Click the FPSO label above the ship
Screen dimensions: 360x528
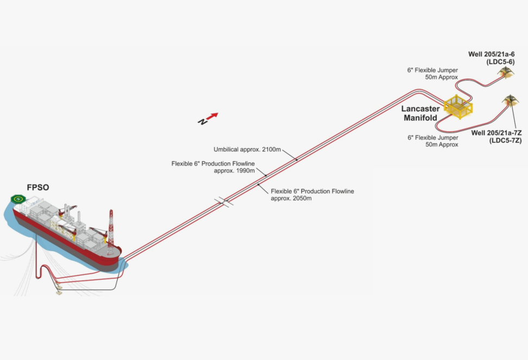point(37,187)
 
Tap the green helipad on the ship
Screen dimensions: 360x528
point(20,199)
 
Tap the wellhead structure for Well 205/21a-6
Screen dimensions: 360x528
point(507,72)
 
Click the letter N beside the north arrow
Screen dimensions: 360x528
point(202,122)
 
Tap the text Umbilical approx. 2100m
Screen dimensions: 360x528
point(247,149)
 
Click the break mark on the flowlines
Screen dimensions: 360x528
point(224,203)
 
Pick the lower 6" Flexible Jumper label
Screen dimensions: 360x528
point(433,141)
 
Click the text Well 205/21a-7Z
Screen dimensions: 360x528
point(496,133)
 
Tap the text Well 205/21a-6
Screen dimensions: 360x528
point(492,54)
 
